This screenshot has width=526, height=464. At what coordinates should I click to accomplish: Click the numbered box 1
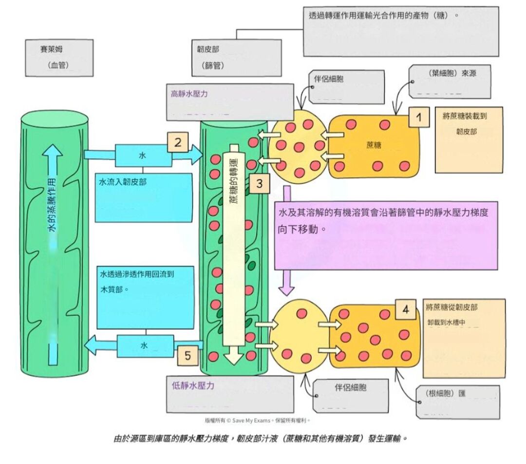[418, 117]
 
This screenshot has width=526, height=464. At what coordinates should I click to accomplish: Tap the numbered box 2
[178, 142]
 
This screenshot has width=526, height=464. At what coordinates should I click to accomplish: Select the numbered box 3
[259, 184]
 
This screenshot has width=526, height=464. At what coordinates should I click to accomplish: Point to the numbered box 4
[406, 309]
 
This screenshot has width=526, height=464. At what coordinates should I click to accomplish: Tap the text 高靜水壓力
[189, 94]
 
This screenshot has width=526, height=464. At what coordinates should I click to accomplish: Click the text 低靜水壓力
[193, 386]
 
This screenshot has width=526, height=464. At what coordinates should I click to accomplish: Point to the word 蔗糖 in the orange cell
[374, 145]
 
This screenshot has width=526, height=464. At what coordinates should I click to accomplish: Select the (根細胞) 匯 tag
[446, 394]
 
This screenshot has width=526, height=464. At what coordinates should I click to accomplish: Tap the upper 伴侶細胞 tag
[326, 78]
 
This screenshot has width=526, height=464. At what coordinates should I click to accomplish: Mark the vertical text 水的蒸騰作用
[53, 205]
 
